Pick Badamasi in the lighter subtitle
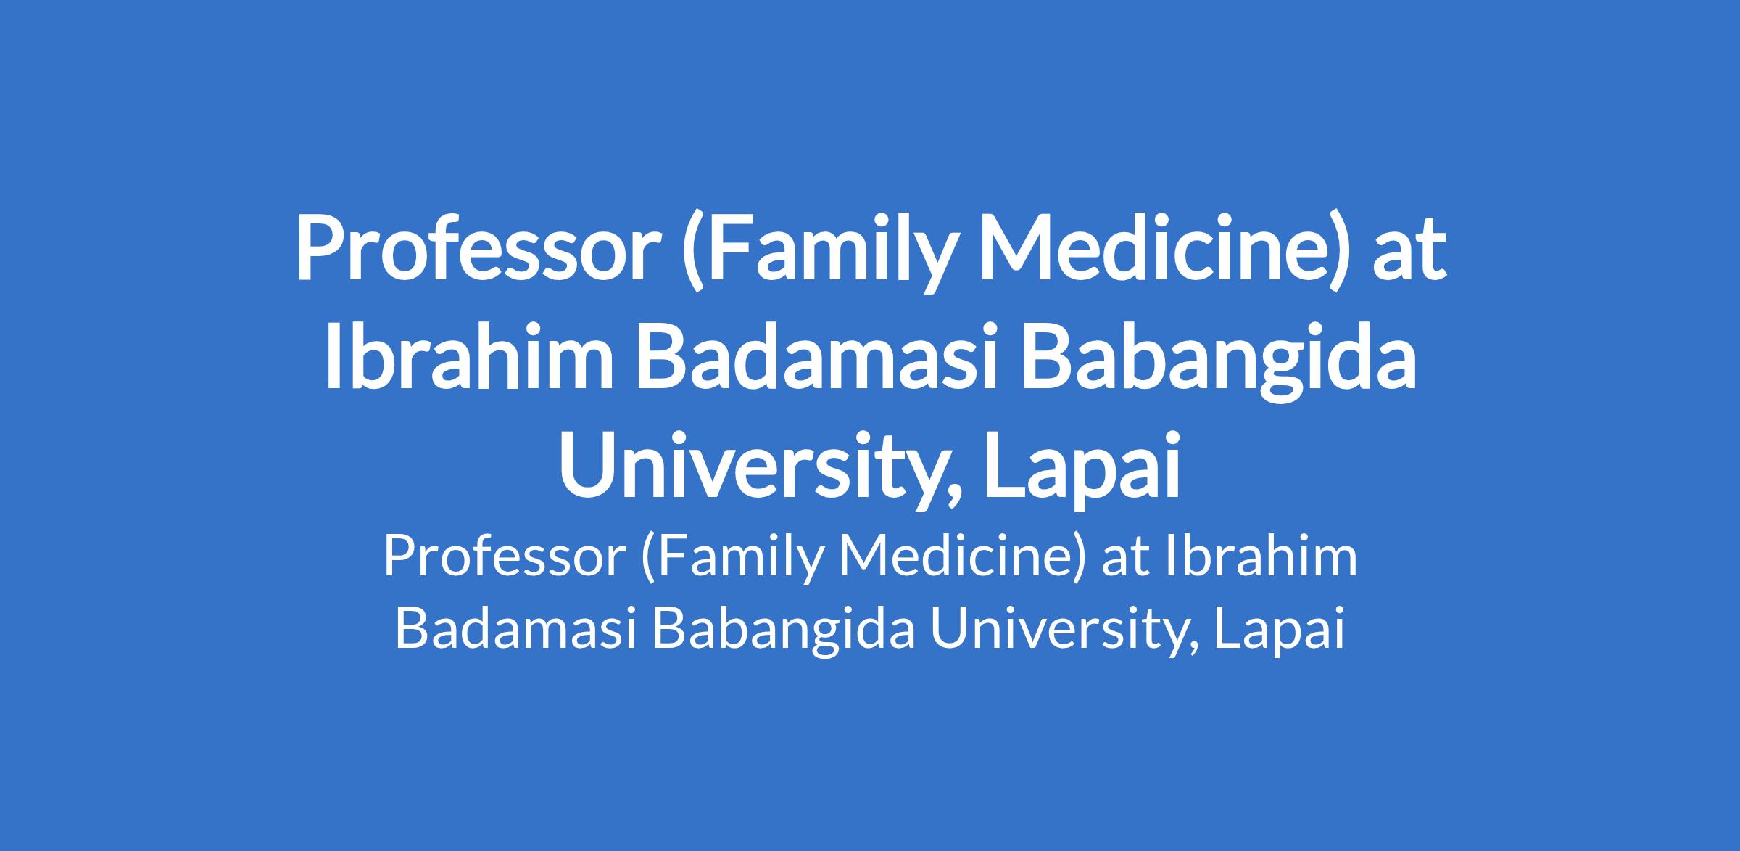515,628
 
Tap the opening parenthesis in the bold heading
693,254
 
